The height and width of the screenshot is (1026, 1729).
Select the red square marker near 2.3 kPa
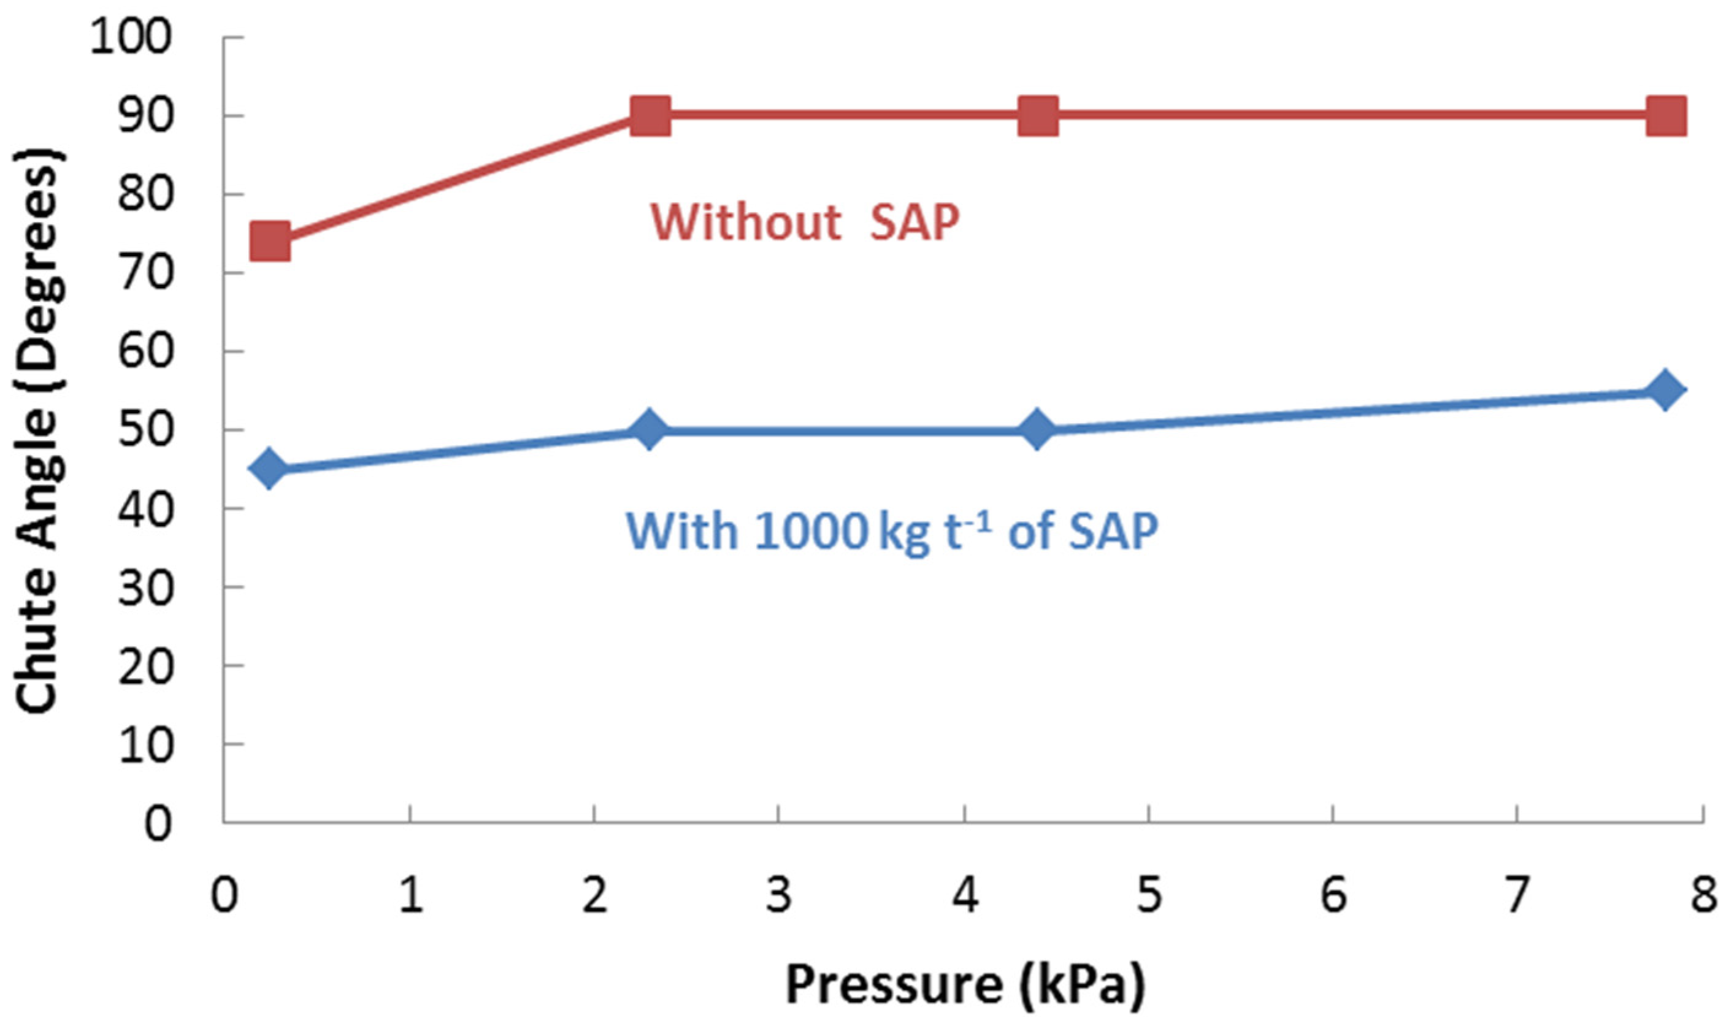point(651,115)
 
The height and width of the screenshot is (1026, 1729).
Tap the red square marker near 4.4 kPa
point(1038,115)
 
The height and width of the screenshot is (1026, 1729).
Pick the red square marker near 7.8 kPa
point(1666,115)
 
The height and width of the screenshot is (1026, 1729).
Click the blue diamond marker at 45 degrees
point(270,468)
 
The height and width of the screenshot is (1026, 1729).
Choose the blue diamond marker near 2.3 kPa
point(649,429)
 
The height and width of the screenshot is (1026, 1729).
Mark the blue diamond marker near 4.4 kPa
point(1037,429)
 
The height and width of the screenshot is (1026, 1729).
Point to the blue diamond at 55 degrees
point(1665,390)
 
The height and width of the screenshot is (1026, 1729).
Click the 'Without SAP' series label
point(805,223)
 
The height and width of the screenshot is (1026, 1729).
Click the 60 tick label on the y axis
point(144,351)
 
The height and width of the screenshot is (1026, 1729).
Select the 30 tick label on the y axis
point(144,586)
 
